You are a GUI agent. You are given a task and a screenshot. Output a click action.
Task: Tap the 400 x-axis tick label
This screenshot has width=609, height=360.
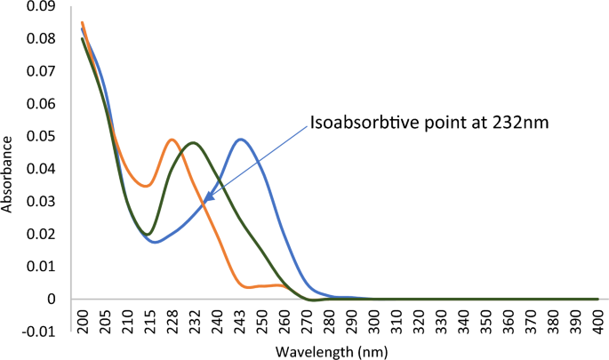click(x=598, y=319)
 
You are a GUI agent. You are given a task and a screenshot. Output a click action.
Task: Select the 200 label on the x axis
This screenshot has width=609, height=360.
click(x=83, y=319)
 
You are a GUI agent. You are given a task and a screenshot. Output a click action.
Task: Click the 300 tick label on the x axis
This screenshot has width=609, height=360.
click(x=374, y=319)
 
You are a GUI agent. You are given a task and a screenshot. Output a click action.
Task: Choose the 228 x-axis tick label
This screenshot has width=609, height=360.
click(x=172, y=319)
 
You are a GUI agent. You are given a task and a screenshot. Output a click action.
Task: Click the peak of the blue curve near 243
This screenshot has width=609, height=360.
click(x=241, y=139)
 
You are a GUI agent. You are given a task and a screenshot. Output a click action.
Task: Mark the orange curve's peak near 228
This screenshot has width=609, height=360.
click(x=172, y=139)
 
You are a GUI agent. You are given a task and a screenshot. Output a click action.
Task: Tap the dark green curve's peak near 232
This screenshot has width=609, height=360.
click(x=193, y=142)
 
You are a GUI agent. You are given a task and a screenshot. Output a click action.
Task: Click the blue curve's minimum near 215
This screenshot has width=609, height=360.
click(x=155, y=242)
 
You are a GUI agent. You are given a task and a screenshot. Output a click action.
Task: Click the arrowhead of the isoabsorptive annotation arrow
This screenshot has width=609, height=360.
click(x=204, y=204)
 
